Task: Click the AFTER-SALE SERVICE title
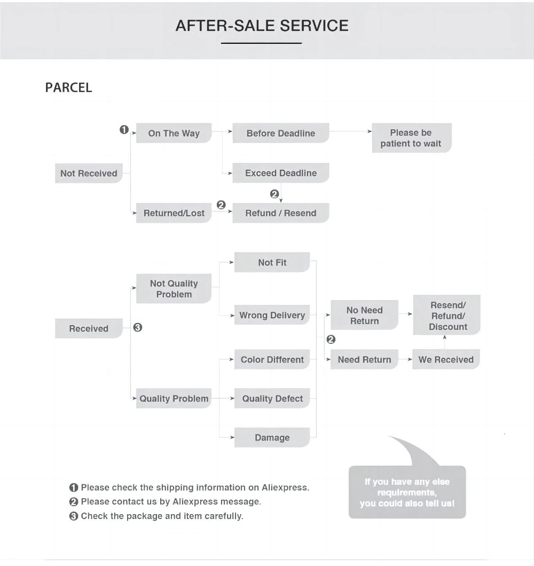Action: (262, 26)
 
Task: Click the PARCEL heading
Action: (68, 88)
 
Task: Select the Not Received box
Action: (89, 174)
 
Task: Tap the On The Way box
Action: (174, 133)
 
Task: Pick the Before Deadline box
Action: (280, 133)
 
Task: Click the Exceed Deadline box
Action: (280, 173)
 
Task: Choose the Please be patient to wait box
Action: (411, 138)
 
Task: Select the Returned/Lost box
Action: (174, 213)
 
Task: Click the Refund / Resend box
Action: (280, 213)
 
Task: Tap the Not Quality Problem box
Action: (174, 289)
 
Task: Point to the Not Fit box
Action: (272, 263)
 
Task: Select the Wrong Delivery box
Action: (272, 316)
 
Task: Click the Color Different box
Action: (272, 360)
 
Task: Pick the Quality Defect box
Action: (272, 399)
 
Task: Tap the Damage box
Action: (272, 438)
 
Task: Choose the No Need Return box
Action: (364, 316)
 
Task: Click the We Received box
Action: (446, 360)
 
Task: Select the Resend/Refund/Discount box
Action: (447, 316)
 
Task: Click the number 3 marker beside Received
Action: (138, 327)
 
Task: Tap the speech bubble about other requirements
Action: (407, 492)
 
